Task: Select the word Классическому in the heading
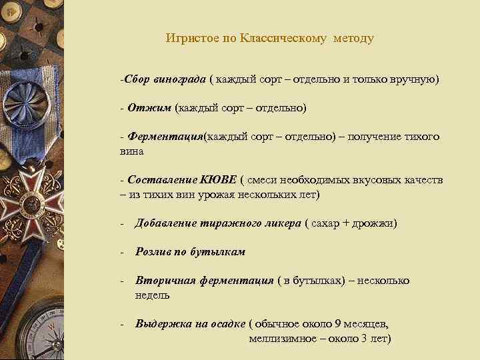[280, 38]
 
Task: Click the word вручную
[415, 80]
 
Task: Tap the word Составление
[161, 181]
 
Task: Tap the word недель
[152, 295]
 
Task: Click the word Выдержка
[163, 324]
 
